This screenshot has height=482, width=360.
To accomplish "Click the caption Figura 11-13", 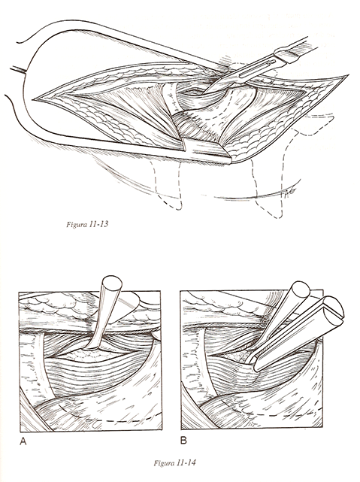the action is pyautogui.click(x=87, y=224).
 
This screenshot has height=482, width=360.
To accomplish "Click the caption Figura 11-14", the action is pyautogui.click(x=174, y=463).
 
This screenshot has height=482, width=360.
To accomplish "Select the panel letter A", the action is pyautogui.click(x=23, y=441).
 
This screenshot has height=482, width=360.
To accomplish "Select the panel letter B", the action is pyautogui.click(x=183, y=441).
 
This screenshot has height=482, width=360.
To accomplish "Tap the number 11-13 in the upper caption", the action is pyautogui.click(x=99, y=224).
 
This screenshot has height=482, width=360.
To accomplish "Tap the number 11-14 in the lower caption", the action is pyautogui.click(x=186, y=463).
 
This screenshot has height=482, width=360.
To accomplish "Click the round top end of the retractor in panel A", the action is pyautogui.click(x=112, y=282).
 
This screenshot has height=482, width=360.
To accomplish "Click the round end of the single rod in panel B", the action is pyautogui.click(x=301, y=288).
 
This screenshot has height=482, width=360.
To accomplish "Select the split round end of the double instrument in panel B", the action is pyautogui.click(x=334, y=309).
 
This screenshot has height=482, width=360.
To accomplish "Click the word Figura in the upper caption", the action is pyautogui.click(x=77, y=224).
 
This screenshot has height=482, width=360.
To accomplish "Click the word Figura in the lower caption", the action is pyautogui.click(x=164, y=463).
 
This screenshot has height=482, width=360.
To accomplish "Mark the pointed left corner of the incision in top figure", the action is pyautogui.click(x=34, y=99).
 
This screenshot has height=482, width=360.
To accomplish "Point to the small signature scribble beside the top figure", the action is pyautogui.click(x=288, y=192).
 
